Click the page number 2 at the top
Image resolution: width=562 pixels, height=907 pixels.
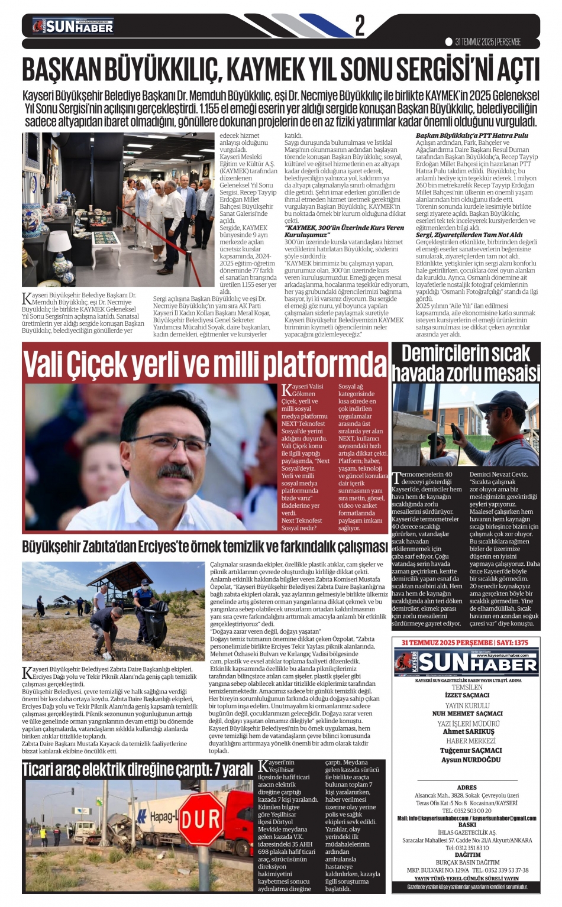click(x=359, y=26)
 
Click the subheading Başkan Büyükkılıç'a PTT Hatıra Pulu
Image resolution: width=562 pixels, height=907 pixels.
click(x=471, y=136)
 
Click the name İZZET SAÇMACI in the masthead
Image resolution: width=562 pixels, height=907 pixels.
click(x=467, y=695)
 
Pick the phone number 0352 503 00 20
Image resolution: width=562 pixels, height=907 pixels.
click(x=467, y=811)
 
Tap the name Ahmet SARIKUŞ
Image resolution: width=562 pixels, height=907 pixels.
click(x=467, y=731)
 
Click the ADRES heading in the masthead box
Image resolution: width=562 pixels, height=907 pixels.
click(x=467, y=788)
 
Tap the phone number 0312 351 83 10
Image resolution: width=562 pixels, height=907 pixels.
click(x=467, y=848)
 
